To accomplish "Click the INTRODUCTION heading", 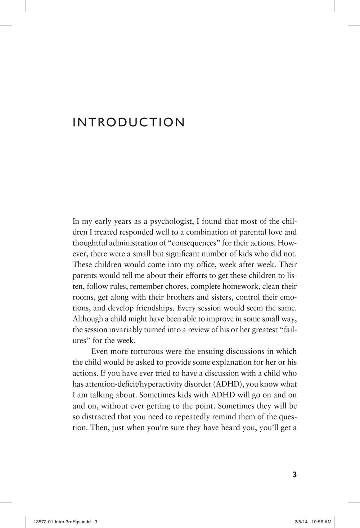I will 129,122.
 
